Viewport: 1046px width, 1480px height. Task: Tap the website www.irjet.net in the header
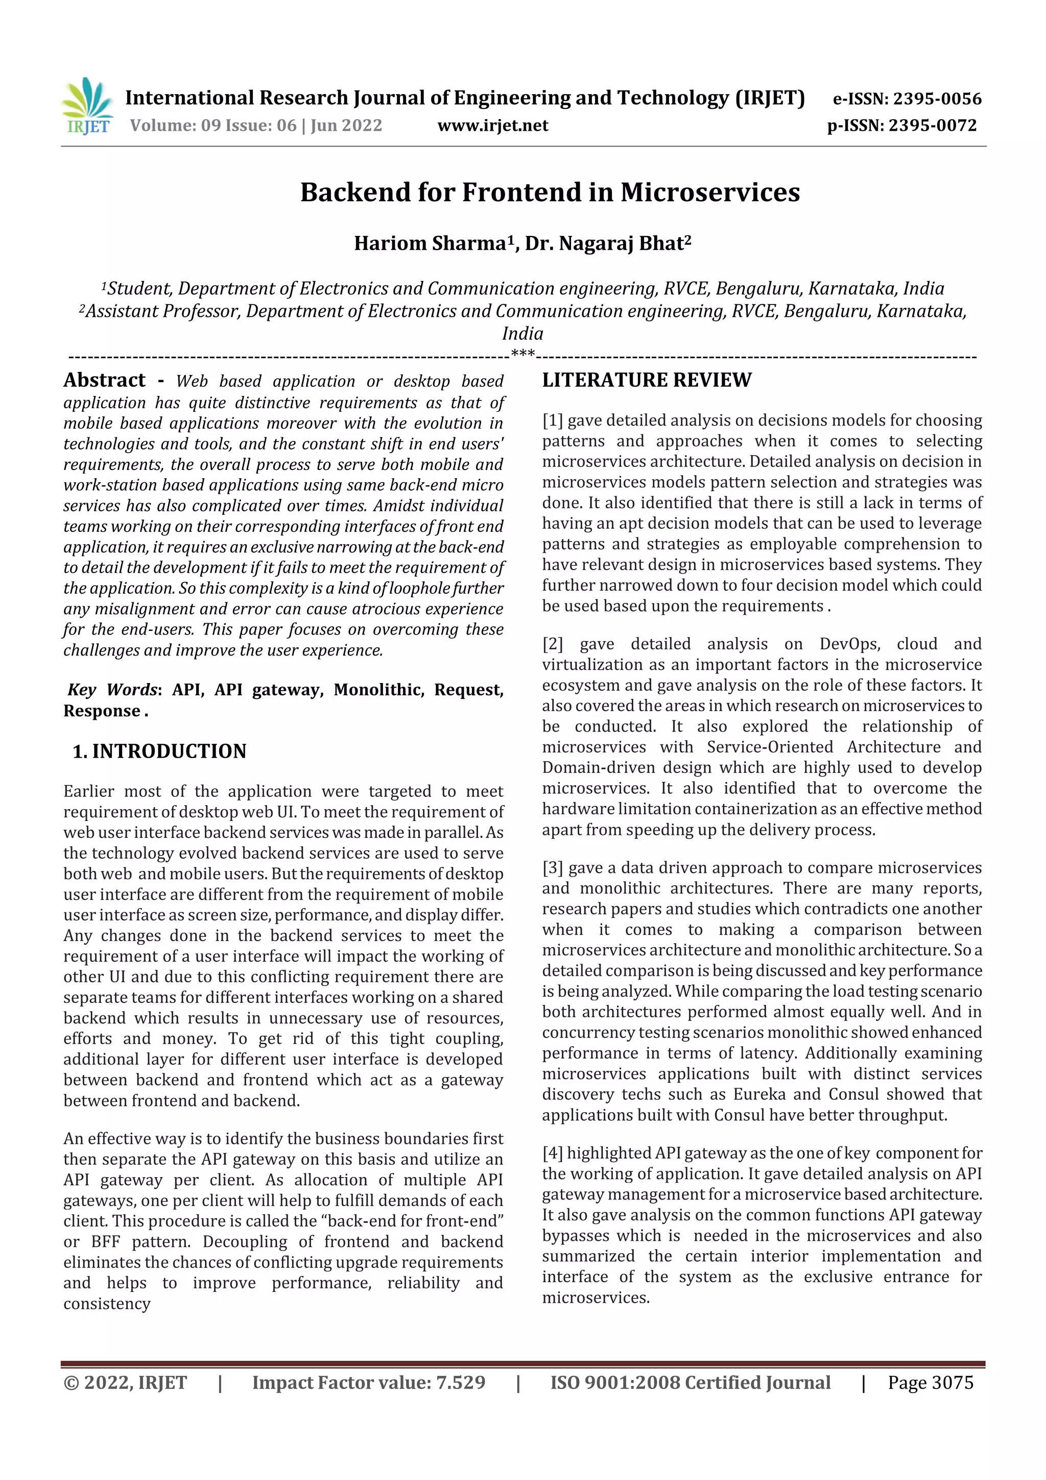tap(492, 126)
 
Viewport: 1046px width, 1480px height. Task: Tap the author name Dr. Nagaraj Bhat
tap(607, 243)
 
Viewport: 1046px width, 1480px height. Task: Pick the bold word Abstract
tap(104, 380)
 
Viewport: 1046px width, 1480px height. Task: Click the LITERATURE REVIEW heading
tap(647, 380)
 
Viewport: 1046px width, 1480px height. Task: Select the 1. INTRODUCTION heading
tap(159, 751)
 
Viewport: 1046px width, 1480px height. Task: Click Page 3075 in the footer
tap(930, 1382)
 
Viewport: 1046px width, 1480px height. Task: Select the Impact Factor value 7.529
tap(460, 1382)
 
